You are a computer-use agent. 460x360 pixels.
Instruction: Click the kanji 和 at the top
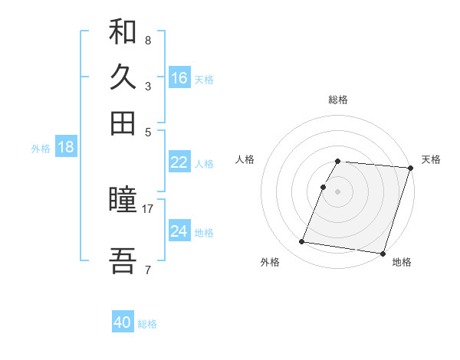(x=123, y=33)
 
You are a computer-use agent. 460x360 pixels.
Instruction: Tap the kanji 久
(x=123, y=77)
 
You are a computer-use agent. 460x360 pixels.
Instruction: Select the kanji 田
(x=123, y=123)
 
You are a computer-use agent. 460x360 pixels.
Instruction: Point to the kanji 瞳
(x=123, y=201)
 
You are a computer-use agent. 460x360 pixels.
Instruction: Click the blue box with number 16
(x=179, y=78)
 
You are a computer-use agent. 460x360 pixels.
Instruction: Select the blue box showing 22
(x=179, y=162)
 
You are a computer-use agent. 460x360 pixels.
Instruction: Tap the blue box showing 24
(x=179, y=231)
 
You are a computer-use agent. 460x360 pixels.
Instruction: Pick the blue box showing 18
(x=66, y=148)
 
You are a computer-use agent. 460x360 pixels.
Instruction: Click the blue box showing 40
(x=123, y=322)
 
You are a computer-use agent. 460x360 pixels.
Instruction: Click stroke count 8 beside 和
(x=148, y=40)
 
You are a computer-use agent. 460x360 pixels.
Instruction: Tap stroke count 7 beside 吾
(x=148, y=270)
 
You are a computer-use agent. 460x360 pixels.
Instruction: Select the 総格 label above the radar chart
(x=338, y=100)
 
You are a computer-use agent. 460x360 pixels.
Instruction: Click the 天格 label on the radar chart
(x=431, y=159)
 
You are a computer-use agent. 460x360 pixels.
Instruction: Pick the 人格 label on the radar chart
(x=245, y=159)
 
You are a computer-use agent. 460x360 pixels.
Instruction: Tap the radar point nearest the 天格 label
(x=410, y=169)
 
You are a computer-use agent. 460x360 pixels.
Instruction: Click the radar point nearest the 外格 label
(x=302, y=242)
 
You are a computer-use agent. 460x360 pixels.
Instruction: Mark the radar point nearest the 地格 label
(x=383, y=253)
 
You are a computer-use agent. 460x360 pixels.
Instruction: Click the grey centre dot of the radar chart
(x=338, y=191)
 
